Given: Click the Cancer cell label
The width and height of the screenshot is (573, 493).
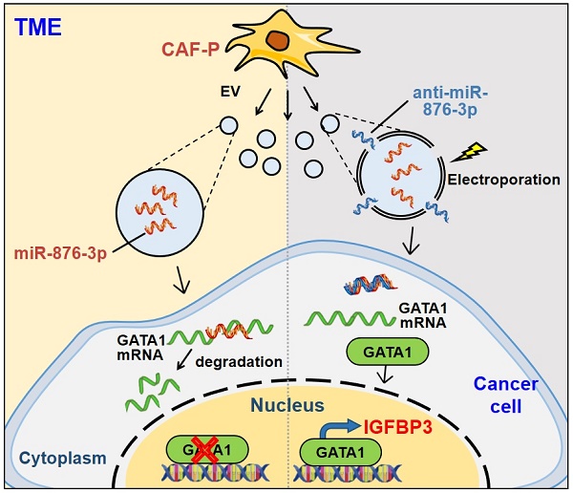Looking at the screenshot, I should click(506, 395).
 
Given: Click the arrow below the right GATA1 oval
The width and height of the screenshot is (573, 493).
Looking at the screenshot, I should click(384, 380).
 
